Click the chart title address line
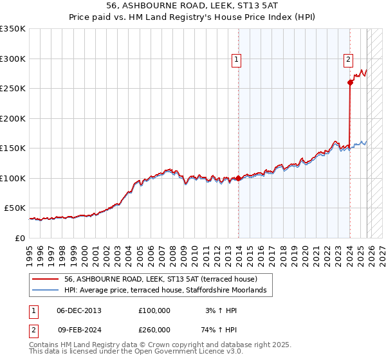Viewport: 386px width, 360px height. point(192,6)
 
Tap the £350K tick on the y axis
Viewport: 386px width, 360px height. point(13,29)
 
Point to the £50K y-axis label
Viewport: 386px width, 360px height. point(15,208)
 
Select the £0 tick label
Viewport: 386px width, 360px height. point(20,238)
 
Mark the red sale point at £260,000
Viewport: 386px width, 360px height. point(350,82)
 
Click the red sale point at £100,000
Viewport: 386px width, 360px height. point(238,178)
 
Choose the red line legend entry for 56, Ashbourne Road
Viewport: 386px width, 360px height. point(161,279)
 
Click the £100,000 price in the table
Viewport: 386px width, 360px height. point(154,310)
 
